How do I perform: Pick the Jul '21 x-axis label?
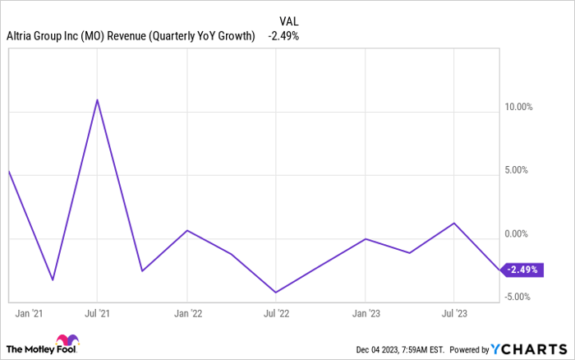click(98, 313)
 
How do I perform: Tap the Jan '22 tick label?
click(187, 313)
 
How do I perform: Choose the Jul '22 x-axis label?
click(276, 313)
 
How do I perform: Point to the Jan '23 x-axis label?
click(366, 313)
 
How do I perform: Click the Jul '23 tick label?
click(453, 313)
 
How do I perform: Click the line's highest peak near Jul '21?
click(98, 100)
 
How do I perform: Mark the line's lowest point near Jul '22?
click(276, 292)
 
